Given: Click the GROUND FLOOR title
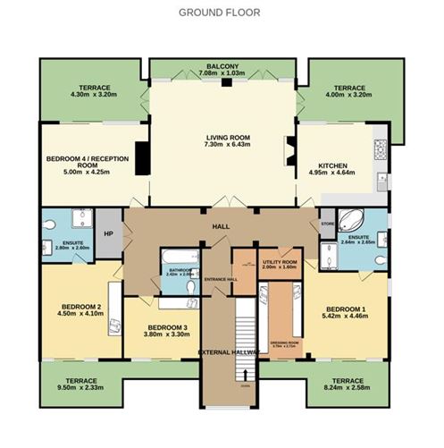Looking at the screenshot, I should (x=219, y=13).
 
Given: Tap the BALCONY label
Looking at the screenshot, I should (x=222, y=67).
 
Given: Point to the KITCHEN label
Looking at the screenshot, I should (x=332, y=165).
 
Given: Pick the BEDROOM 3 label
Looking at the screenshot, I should (x=167, y=327).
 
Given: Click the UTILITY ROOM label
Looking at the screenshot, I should (x=278, y=262).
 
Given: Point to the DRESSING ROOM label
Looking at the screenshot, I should (x=283, y=342).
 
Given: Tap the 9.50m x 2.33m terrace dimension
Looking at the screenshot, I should (x=79, y=387).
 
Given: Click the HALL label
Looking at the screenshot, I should (x=222, y=228).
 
